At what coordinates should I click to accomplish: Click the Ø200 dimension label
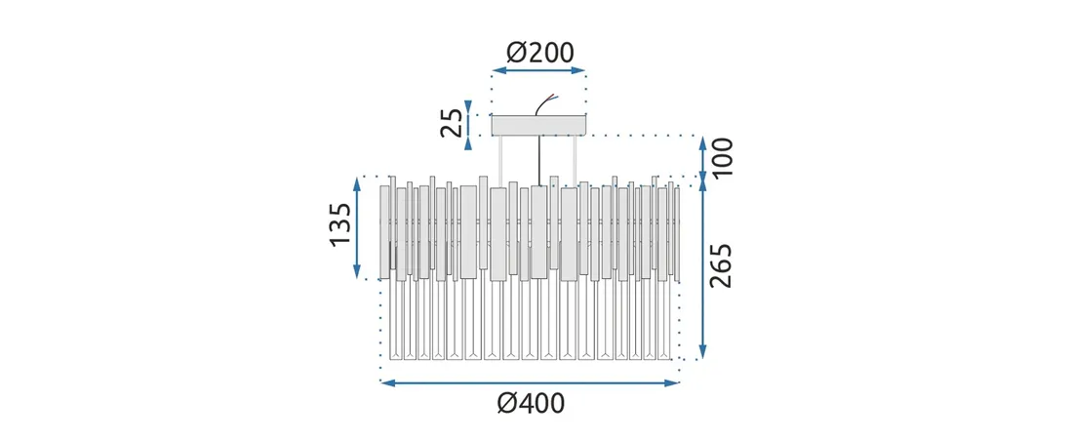pos(540,53)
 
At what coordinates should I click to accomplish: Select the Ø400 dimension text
pos(531,404)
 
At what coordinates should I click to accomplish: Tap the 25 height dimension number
pos(452,123)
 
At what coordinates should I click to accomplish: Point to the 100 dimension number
pos(721,157)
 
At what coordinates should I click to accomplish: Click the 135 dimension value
pos(340,226)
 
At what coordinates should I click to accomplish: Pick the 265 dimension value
pos(721,265)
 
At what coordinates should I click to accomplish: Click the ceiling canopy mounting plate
pos(540,125)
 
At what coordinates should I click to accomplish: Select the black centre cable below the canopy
pos(540,160)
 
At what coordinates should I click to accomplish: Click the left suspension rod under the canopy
pos(501,160)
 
